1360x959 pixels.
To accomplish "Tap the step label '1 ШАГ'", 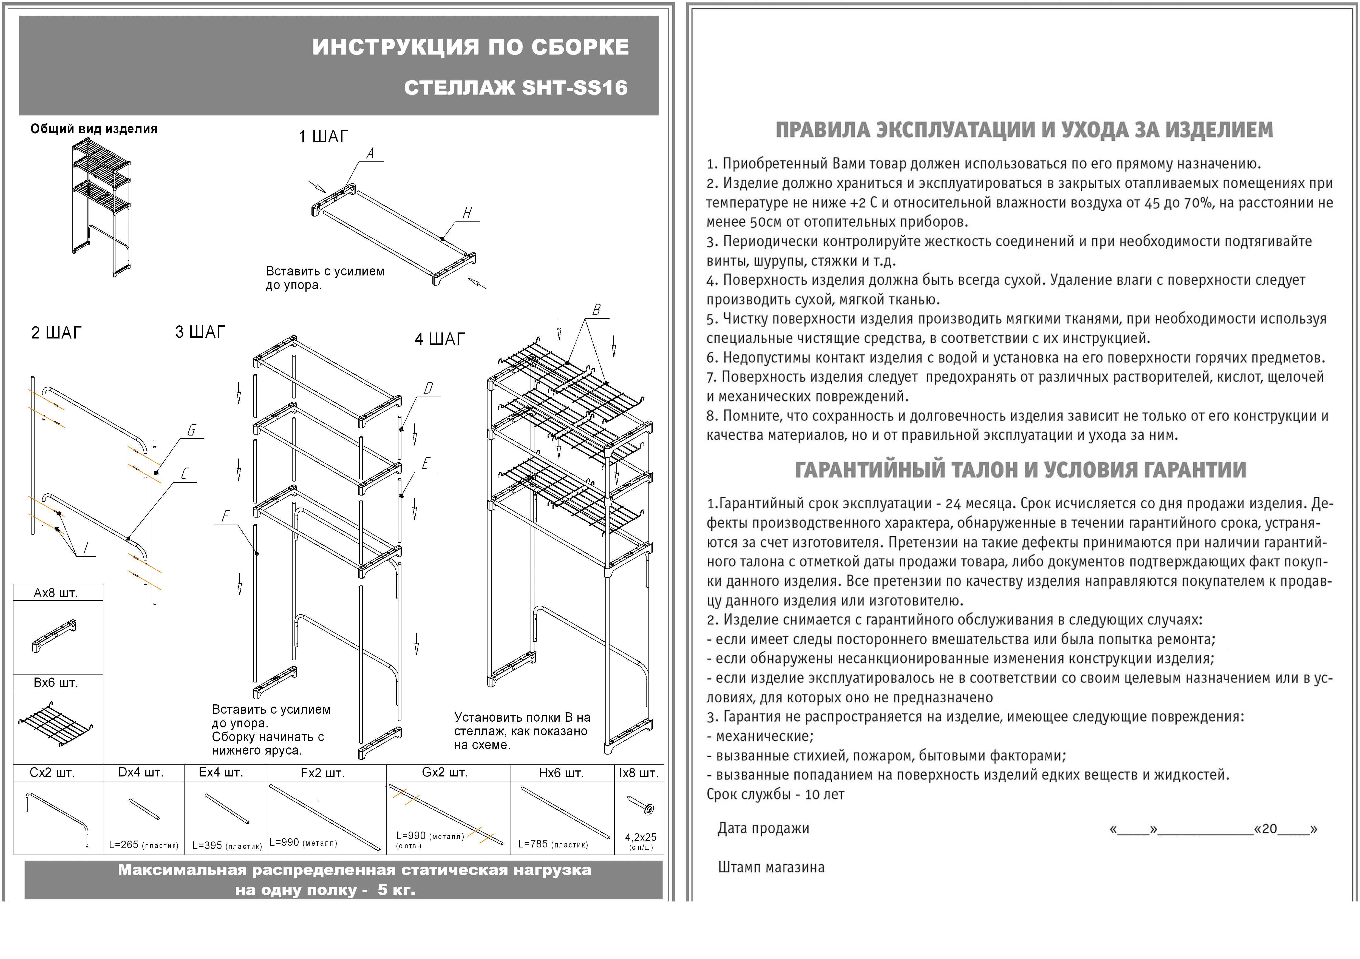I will coord(324,137).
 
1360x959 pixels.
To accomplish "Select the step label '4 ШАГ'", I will coord(440,339).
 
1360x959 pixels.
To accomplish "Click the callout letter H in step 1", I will coord(467,213).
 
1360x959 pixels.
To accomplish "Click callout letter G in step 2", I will coord(191,430).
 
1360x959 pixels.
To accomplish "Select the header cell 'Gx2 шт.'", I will coord(445,773).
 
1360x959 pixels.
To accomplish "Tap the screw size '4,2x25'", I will coord(640,837).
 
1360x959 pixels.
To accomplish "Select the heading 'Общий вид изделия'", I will coord(93,129).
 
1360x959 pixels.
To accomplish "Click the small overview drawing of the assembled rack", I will coord(101,207).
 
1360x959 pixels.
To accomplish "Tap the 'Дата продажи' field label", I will coord(763,828).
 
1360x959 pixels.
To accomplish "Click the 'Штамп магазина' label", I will coord(771,867).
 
